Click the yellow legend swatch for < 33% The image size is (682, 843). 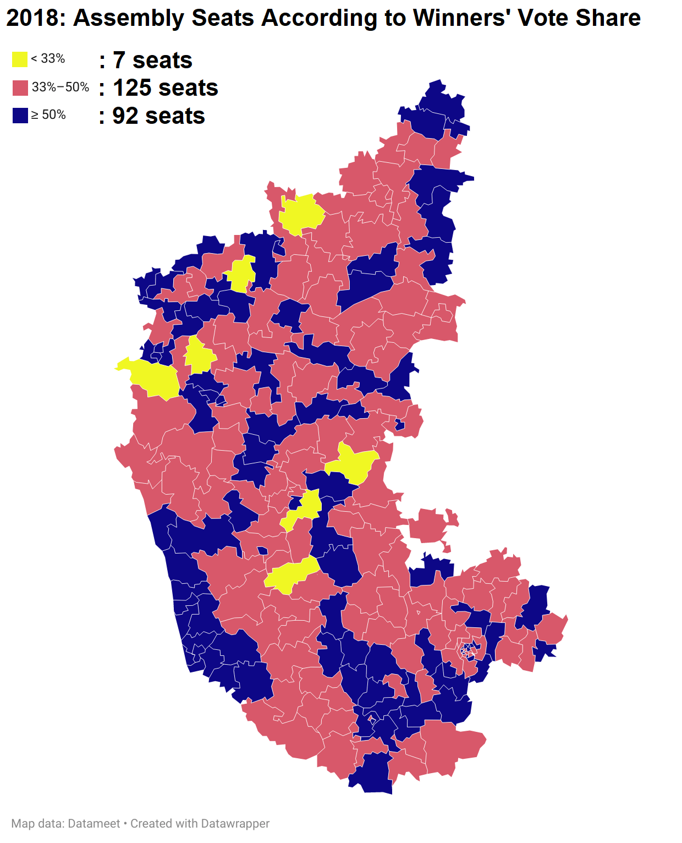[20, 59]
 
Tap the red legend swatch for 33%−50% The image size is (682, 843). [20, 87]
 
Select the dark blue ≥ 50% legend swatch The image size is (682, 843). [20, 115]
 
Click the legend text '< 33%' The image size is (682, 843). [48, 59]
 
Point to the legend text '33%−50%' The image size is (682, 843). [61, 87]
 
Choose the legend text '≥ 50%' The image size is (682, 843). [48, 114]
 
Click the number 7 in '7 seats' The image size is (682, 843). [119, 61]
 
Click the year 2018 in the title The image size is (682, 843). [32, 18]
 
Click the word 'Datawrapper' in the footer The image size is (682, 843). [235, 824]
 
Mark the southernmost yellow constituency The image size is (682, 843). [290, 575]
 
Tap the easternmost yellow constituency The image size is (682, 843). [355, 463]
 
